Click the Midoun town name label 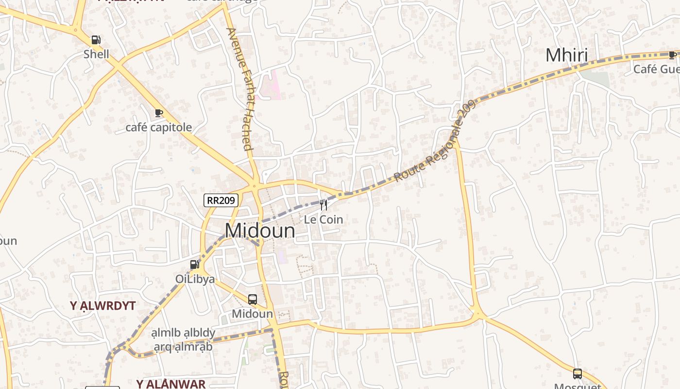click(x=260, y=230)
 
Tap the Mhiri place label click(x=566, y=55)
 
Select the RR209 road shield click(x=221, y=200)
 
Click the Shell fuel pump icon click(x=96, y=40)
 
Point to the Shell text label click(x=96, y=54)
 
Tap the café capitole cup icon click(x=158, y=113)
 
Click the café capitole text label click(x=159, y=127)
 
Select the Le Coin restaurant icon click(x=323, y=205)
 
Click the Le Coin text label click(x=323, y=220)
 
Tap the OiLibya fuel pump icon click(x=195, y=265)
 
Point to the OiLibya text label click(x=195, y=279)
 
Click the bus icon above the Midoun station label click(x=253, y=299)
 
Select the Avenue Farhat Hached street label click(x=240, y=88)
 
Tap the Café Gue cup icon click(x=672, y=55)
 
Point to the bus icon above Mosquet click(x=578, y=373)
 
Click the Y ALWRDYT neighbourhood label click(x=102, y=306)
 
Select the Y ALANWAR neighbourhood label click(x=171, y=384)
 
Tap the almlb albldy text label click(x=183, y=333)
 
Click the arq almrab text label click(x=183, y=347)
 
